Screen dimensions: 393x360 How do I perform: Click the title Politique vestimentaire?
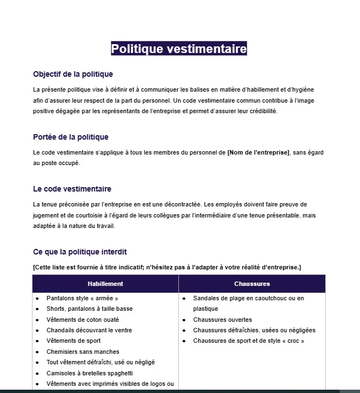pos(179,49)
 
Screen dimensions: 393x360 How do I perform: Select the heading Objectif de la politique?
pos(73,74)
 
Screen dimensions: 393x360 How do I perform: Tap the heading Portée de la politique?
pos(71,137)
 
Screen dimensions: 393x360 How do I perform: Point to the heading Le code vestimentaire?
pos(72,189)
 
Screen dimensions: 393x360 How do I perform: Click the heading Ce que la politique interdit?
pos(80,252)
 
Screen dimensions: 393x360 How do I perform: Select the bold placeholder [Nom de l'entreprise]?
pos(258,152)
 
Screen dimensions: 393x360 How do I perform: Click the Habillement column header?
pos(105,284)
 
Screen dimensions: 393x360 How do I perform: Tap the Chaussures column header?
pos(252,284)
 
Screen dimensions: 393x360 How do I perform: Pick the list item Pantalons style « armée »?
pos(82,298)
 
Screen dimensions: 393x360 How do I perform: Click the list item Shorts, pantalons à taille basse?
pos(89,309)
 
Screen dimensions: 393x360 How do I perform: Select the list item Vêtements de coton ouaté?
pos(83,320)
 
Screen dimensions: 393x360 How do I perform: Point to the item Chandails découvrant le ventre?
pos(89,330)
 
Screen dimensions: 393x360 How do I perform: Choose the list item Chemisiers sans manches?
pos(83,352)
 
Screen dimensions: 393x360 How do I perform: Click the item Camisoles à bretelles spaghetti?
pos(89,373)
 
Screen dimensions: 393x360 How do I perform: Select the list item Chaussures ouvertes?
pos(223,320)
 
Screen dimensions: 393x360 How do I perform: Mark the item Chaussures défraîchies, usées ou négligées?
pos(254,330)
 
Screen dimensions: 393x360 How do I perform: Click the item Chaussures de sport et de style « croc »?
pos(248,341)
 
